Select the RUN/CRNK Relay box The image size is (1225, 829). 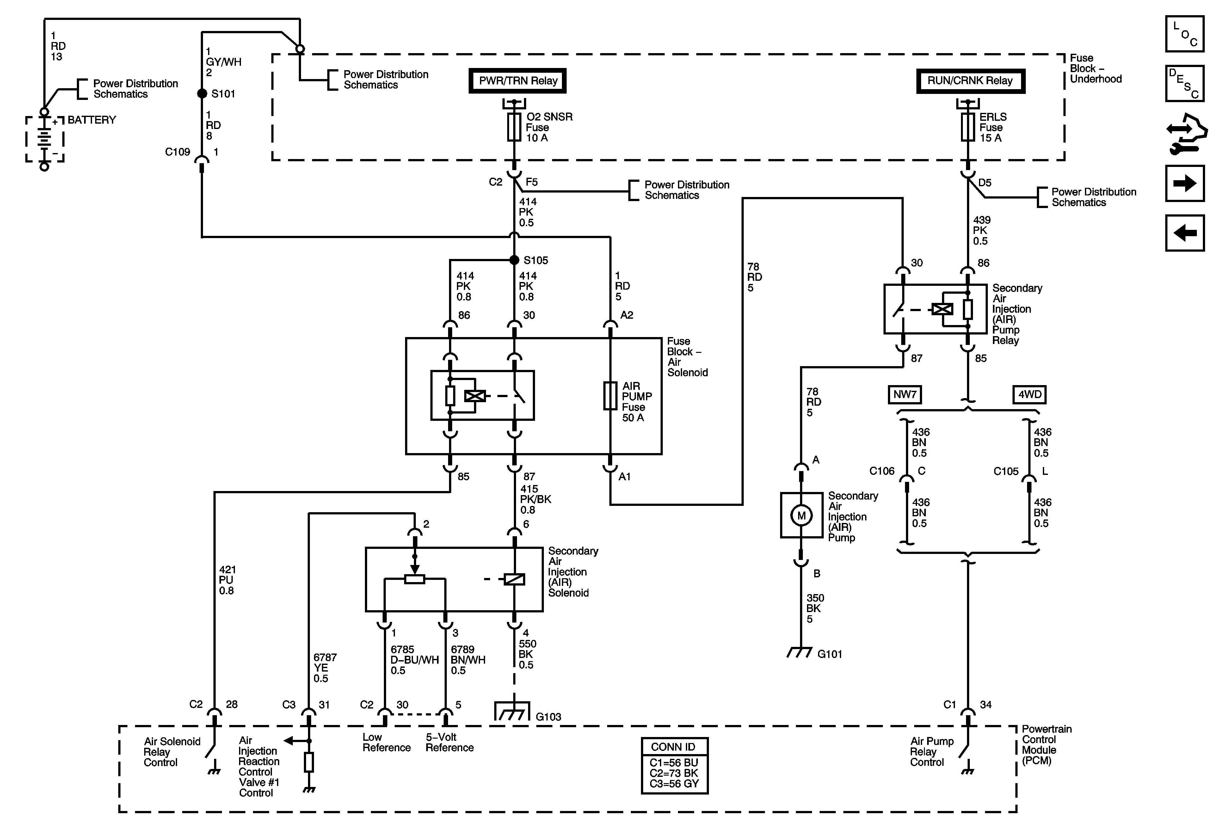[x=970, y=81]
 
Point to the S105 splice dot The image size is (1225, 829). [x=514, y=260]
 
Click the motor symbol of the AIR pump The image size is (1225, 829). [x=801, y=515]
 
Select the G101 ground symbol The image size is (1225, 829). [x=800, y=653]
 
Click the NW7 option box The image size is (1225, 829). [x=904, y=395]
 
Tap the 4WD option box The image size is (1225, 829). [x=1029, y=395]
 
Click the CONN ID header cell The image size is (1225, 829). [x=674, y=747]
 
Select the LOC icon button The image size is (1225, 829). [x=1185, y=34]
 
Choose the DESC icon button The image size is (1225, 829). [x=1185, y=83]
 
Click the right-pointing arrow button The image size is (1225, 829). [x=1185, y=183]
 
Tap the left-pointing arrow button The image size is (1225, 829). [x=1185, y=232]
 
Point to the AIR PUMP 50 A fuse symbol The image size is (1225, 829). [x=610, y=396]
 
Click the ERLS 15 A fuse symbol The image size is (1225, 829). [x=968, y=127]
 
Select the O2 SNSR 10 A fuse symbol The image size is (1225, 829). [x=514, y=127]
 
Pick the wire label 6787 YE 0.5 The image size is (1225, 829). [x=325, y=668]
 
